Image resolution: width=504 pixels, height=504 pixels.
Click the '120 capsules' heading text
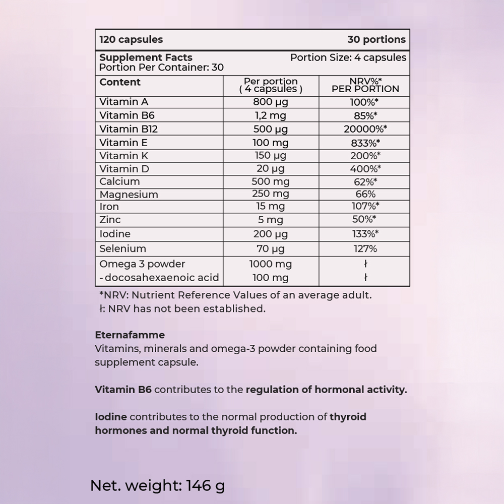click(x=131, y=39)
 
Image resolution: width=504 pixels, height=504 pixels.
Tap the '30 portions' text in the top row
click(x=376, y=39)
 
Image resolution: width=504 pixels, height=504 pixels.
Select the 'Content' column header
click(x=120, y=82)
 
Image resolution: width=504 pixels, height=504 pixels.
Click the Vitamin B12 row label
click(x=129, y=129)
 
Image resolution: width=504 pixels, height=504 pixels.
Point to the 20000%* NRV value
click(x=365, y=129)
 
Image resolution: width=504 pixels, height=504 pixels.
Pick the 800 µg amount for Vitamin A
click(x=271, y=102)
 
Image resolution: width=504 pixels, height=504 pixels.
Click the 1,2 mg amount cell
click(x=271, y=115)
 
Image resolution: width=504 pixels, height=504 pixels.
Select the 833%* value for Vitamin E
click(x=365, y=143)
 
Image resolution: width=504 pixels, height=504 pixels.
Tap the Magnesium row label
click(x=129, y=195)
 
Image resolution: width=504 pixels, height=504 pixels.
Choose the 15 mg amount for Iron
click(x=271, y=206)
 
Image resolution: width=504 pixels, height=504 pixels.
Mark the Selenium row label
click(x=123, y=248)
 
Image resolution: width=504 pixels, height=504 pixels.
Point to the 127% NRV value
click(x=365, y=248)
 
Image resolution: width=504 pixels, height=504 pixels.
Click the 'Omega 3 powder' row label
click(x=142, y=264)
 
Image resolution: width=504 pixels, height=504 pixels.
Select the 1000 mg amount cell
click(x=271, y=264)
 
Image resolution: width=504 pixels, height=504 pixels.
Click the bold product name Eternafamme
click(x=130, y=335)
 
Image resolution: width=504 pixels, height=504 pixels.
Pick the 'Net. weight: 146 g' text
click(x=157, y=485)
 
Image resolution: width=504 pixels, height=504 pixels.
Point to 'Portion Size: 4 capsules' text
click(x=348, y=57)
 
